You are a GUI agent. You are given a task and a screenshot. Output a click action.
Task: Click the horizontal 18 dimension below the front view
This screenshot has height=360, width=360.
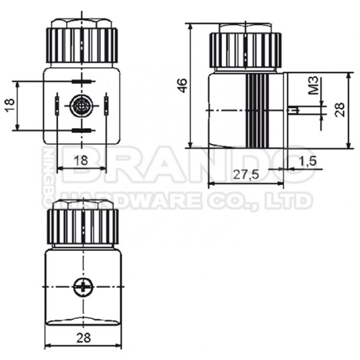tap(80, 160)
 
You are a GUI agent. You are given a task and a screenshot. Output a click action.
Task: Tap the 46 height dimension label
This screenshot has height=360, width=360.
tap(182, 85)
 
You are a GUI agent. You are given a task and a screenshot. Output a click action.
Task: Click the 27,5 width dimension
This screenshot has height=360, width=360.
tap(246, 175)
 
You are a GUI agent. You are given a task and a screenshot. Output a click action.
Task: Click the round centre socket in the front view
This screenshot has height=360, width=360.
tap(81, 106)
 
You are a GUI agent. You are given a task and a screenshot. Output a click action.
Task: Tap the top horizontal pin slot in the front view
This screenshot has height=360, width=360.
tap(81, 82)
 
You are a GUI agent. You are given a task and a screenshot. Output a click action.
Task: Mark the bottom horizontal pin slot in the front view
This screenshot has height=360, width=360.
tap(81, 130)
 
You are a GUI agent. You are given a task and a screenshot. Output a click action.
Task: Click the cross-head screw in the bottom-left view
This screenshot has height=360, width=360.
tap(83, 287)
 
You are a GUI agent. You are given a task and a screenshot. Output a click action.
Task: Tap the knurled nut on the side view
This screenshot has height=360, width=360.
tap(245, 50)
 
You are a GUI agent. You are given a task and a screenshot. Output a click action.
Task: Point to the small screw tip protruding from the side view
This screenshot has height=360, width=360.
tap(295, 110)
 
